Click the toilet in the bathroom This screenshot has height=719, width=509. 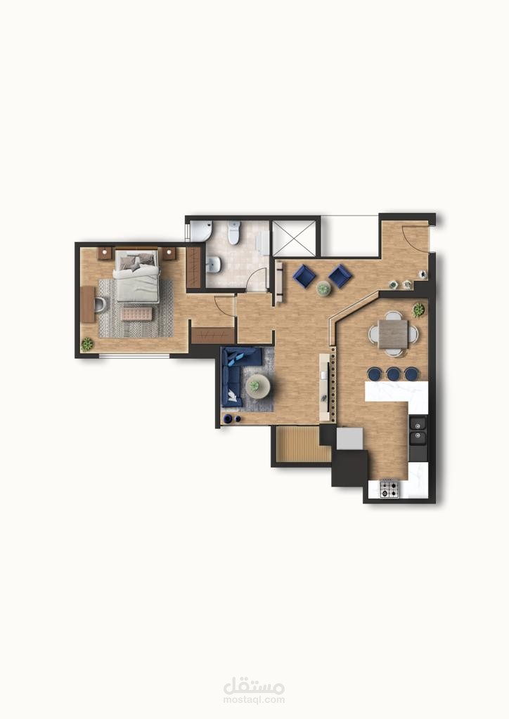tap(235, 232)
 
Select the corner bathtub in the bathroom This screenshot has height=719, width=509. tap(201, 230)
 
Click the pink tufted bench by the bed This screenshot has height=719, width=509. tap(136, 314)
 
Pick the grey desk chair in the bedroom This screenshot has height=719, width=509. tap(101, 303)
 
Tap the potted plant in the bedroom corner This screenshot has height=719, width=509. tap(87, 343)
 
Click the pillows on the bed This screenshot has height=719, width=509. tap(136, 260)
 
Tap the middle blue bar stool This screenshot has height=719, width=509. tap(393, 374)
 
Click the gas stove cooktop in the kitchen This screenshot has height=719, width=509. tap(389, 489)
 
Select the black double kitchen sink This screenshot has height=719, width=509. tap(418, 430)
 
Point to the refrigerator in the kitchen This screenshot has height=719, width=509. tap(349, 439)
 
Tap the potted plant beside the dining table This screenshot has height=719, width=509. tap(418, 310)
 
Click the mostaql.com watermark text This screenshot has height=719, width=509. tap(254, 700)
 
